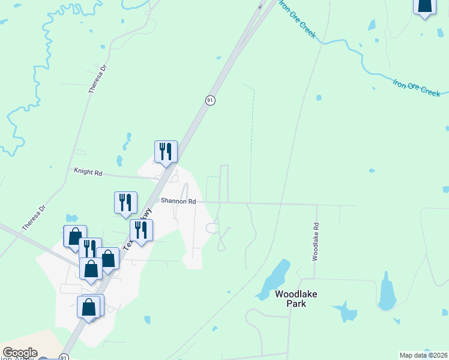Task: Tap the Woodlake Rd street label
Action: click(x=315, y=242)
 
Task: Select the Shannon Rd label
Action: click(x=178, y=202)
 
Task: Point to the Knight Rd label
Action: click(x=88, y=172)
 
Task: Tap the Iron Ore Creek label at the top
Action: click(x=297, y=21)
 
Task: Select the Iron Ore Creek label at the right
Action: click(x=417, y=87)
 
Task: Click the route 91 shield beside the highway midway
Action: click(x=210, y=100)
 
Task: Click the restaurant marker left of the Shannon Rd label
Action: click(x=125, y=202)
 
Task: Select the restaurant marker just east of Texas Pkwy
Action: click(x=141, y=230)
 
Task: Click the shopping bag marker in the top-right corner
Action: click(x=424, y=6)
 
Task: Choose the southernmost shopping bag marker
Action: click(x=89, y=307)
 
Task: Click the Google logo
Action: click(x=20, y=353)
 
